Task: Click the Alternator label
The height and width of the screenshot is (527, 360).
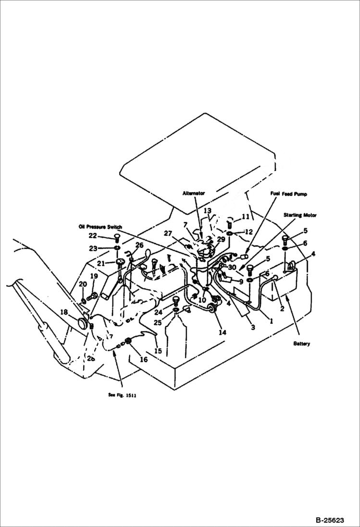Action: (x=194, y=193)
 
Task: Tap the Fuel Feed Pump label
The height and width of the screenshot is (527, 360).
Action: (x=288, y=194)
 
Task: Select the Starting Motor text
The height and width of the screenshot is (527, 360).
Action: (x=299, y=215)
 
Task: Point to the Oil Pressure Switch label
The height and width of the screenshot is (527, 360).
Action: (x=100, y=226)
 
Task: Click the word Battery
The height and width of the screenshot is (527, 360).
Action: (x=302, y=343)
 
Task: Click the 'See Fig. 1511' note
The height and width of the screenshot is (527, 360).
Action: (x=122, y=395)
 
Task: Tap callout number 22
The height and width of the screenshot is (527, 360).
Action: (x=93, y=235)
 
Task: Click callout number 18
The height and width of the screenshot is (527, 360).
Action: (x=77, y=312)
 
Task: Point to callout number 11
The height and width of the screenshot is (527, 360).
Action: (x=246, y=217)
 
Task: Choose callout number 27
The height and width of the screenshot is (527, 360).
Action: (x=168, y=234)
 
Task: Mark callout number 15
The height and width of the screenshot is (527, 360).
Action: (x=158, y=351)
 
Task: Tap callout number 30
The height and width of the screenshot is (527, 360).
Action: (x=232, y=267)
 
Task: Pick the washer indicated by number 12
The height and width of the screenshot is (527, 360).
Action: (x=230, y=233)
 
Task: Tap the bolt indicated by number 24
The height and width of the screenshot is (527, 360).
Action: (x=176, y=301)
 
